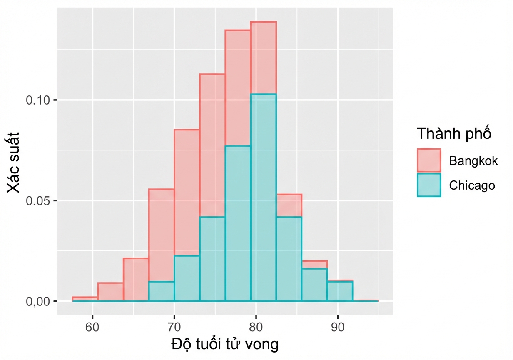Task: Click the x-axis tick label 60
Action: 92,327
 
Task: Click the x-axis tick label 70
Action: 174,327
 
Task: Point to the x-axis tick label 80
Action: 256,327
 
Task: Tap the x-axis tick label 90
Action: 338,327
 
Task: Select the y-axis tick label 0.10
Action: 38,100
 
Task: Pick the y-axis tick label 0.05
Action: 38,201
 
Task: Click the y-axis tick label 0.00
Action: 38,302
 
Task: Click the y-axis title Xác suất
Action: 13,162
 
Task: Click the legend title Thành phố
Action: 454,133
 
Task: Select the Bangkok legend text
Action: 473,161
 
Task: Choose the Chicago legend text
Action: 472,185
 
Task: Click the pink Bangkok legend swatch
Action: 429,160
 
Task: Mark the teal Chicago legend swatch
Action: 429,185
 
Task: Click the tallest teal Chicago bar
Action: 263,197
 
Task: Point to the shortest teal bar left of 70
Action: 161,291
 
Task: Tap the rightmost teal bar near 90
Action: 340,291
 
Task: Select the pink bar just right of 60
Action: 110,292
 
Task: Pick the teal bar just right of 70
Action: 187,278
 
